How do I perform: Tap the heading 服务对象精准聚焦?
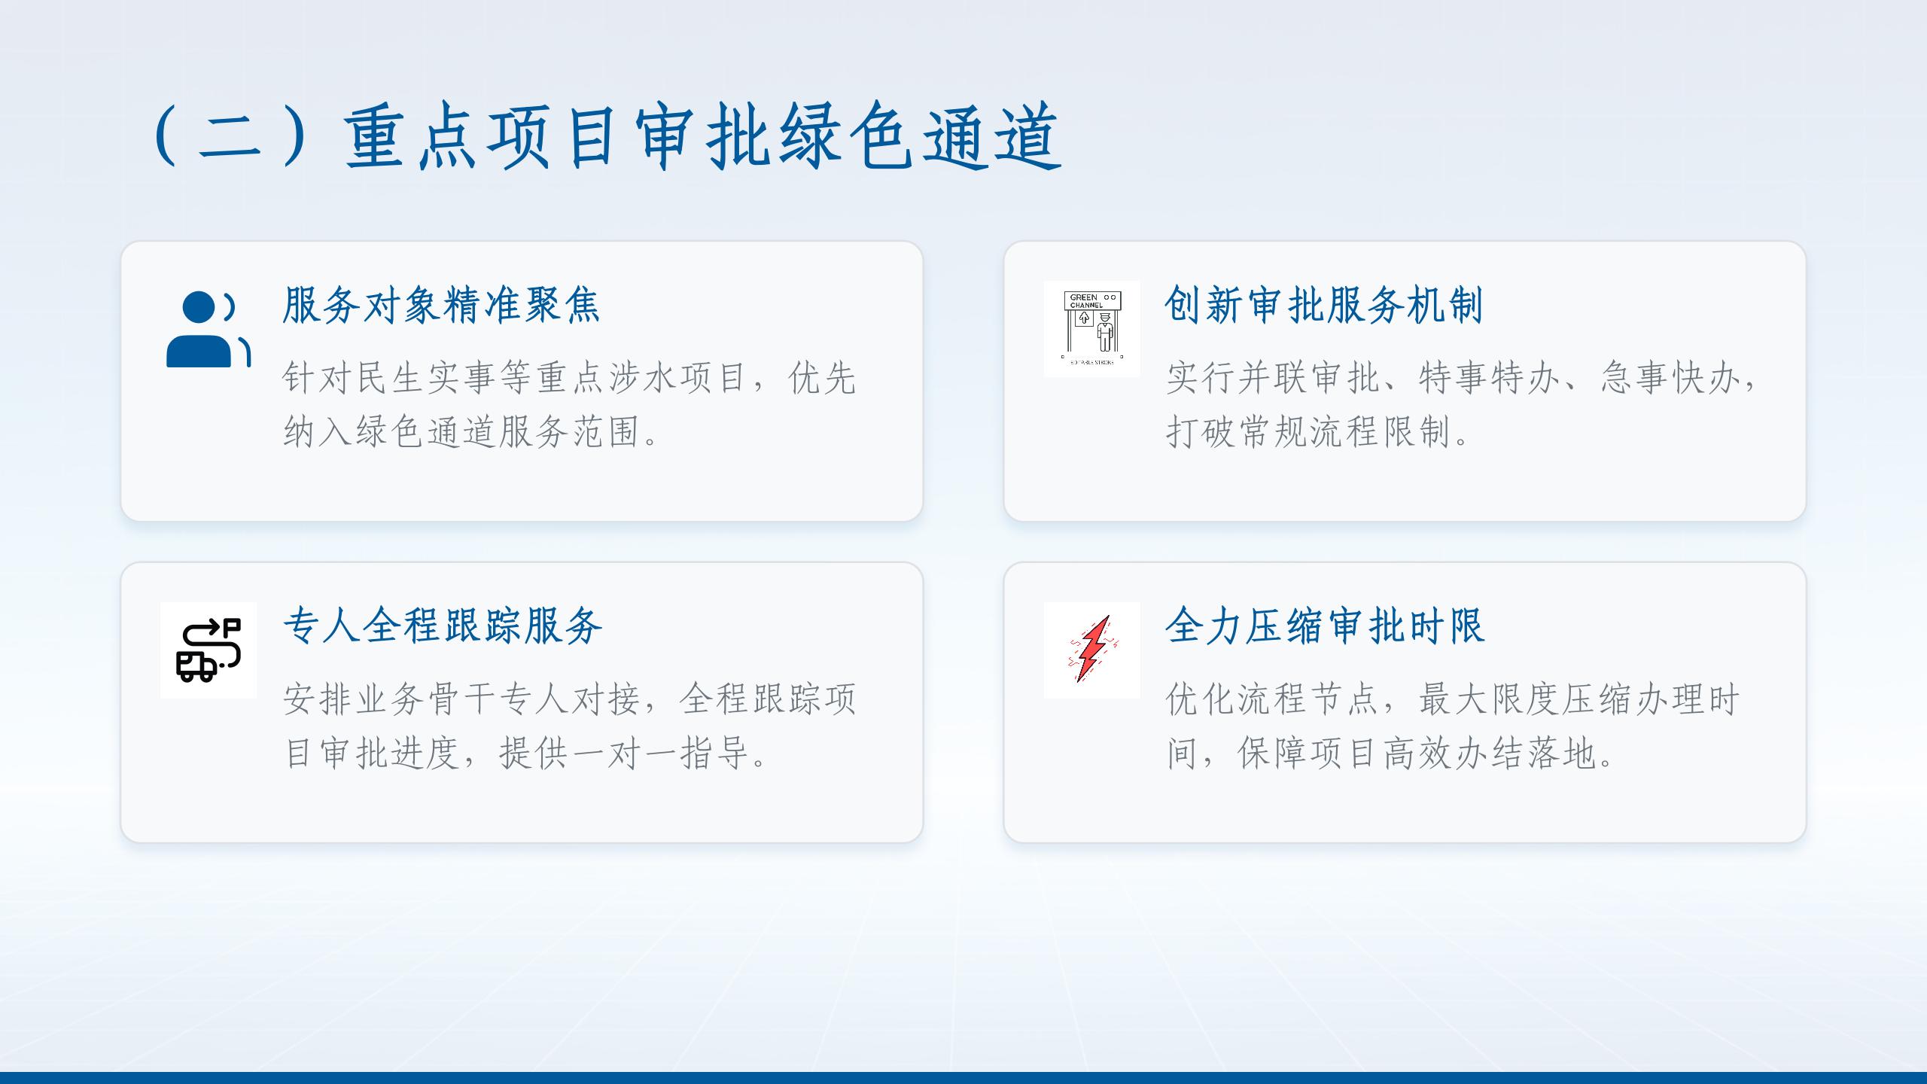[442, 306]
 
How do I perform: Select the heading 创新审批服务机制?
[1324, 306]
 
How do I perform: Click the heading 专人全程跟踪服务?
[443, 626]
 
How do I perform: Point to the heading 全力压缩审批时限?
[1325, 626]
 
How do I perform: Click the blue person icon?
[209, 329]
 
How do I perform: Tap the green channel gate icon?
[1091, 329]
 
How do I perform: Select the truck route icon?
[209, 650]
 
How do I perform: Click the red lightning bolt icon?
[1092, 650]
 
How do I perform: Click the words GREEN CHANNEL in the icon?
[1086, 301]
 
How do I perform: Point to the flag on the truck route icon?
[233, 626]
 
